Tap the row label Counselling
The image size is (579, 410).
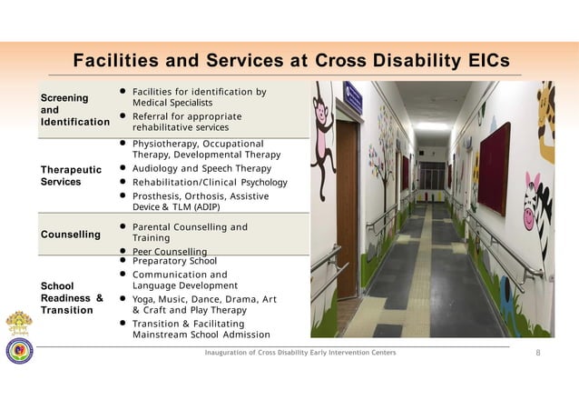click(70, 235)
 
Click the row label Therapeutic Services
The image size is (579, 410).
click(71, 175)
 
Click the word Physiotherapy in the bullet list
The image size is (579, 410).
click(166, 144)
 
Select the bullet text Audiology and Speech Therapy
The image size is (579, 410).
click(201, 168)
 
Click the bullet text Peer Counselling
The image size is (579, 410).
click(170, 251)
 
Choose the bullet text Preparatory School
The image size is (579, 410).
click(174, 261)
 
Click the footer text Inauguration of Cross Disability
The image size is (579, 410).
click(263, 353)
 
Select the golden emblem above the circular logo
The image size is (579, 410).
click(18, 324)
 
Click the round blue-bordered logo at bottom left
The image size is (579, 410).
click(18, 351)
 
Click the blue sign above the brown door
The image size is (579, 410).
click(353, 97)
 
